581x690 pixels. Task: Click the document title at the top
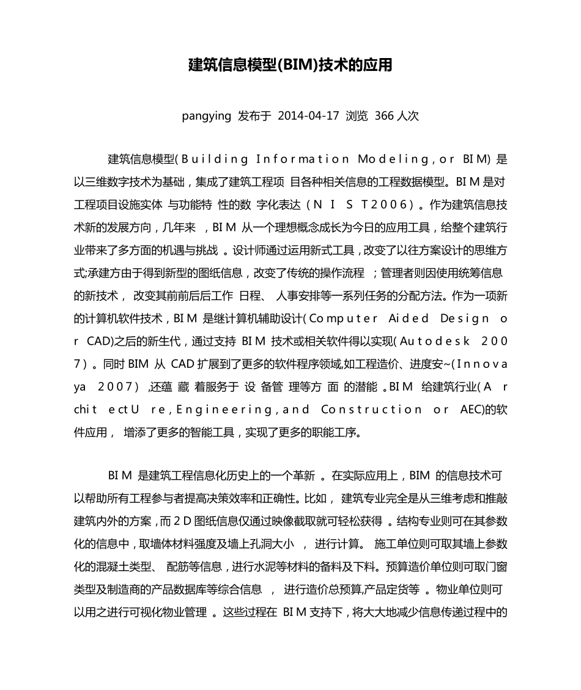coord(290,65)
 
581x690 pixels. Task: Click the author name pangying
coord(206,116)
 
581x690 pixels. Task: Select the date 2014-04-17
coord(308,116)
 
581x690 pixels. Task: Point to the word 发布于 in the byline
coord(254,116)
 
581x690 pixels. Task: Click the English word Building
coord(215,160)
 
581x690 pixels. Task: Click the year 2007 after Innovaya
coord(116,386)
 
